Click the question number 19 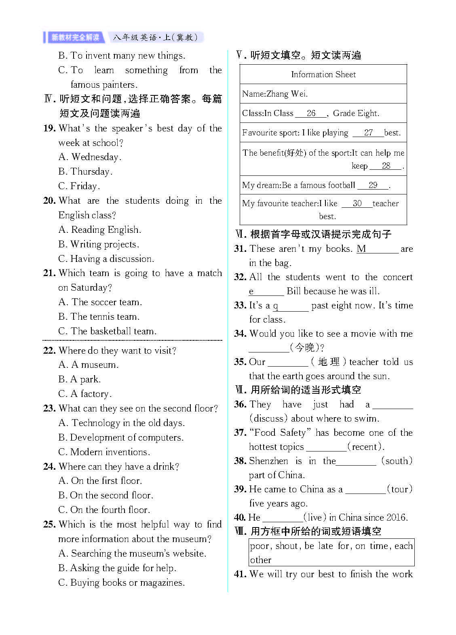click(49, 129)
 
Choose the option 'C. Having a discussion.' click(106, 259)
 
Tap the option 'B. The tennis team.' click(99, 316)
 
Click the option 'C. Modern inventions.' click(104, 452)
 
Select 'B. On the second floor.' click(106, 495)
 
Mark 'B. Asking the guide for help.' click(117, 568)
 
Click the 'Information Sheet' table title click(323, 74)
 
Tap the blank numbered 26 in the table click(311, 113)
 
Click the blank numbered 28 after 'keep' click(386, 166)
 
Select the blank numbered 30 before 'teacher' click(357, 203)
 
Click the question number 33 click(240, 306)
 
